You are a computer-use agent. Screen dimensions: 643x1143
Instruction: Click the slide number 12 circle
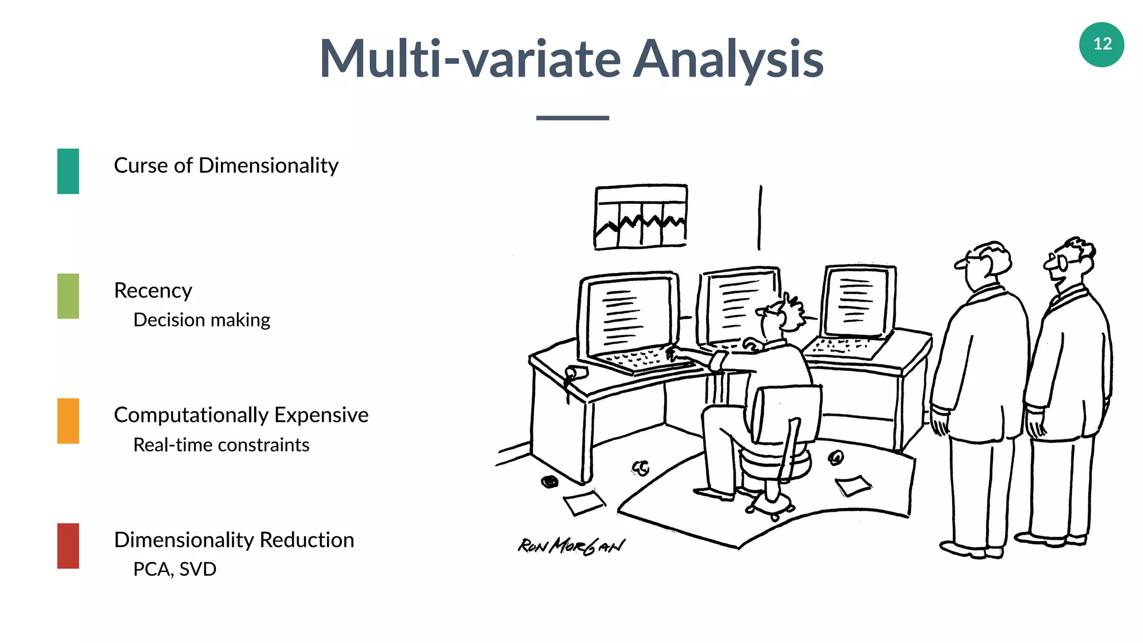click(1101, 45)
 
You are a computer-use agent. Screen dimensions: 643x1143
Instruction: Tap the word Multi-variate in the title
click(470, 58)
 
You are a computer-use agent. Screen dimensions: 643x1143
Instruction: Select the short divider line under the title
click(572, 118)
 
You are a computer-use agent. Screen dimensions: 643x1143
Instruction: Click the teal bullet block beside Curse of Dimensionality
click(68, 171)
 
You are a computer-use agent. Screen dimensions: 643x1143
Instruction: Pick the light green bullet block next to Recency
click(68, 296)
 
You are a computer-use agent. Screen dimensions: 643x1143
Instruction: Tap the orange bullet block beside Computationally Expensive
click(68, 421)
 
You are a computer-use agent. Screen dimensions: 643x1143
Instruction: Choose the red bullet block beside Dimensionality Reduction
click(68, 546)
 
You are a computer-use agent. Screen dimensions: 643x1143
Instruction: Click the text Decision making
click(201, 320)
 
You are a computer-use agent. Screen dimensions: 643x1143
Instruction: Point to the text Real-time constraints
click(221, 445)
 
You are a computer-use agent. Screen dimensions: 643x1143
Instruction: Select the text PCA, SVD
click(175, 569)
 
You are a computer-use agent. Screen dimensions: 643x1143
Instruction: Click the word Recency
click(153, 290)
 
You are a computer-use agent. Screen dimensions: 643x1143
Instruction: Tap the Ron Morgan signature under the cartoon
click(571, 546)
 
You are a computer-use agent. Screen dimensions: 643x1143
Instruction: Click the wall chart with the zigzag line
click(640, 217)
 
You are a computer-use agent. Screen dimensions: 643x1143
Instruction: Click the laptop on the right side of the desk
click(854, 315)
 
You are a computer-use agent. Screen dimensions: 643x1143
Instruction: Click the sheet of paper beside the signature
click(583, 502)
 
